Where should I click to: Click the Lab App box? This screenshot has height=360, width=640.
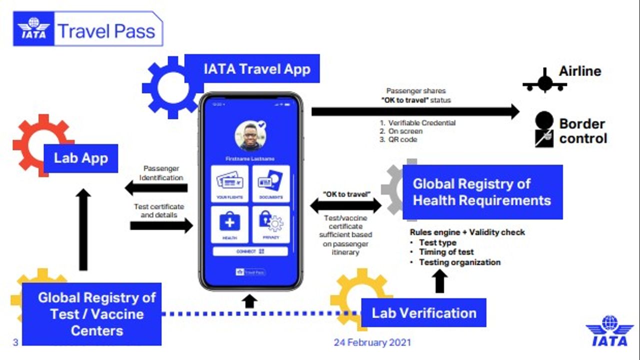pos(81,158)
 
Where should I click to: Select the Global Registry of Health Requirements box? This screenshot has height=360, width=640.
pos(482,192)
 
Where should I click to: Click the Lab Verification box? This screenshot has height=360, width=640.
pos(423,313)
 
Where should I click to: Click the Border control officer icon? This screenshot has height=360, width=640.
pos(544,129)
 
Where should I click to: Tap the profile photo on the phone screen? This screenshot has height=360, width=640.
pos(250,135)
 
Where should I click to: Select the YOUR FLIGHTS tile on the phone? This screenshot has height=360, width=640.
pos(230,183)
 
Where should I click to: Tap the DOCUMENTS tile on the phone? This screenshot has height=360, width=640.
pos(271,183)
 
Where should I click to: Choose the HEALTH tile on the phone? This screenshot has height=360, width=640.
pos(230,224)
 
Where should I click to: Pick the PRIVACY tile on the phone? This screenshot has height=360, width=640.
pos(271,224)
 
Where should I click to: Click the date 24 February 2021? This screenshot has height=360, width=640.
pos(372,342)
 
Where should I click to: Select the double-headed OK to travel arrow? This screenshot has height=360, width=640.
pos(346,205)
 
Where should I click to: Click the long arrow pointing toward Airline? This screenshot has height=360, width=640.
pos(415,111)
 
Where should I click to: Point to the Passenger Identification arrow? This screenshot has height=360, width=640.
pos(156,188)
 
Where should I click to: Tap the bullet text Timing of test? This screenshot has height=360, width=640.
pos(446,252)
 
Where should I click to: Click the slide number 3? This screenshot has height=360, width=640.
pos(15,342)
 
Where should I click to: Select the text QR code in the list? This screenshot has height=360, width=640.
pos(402,139)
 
